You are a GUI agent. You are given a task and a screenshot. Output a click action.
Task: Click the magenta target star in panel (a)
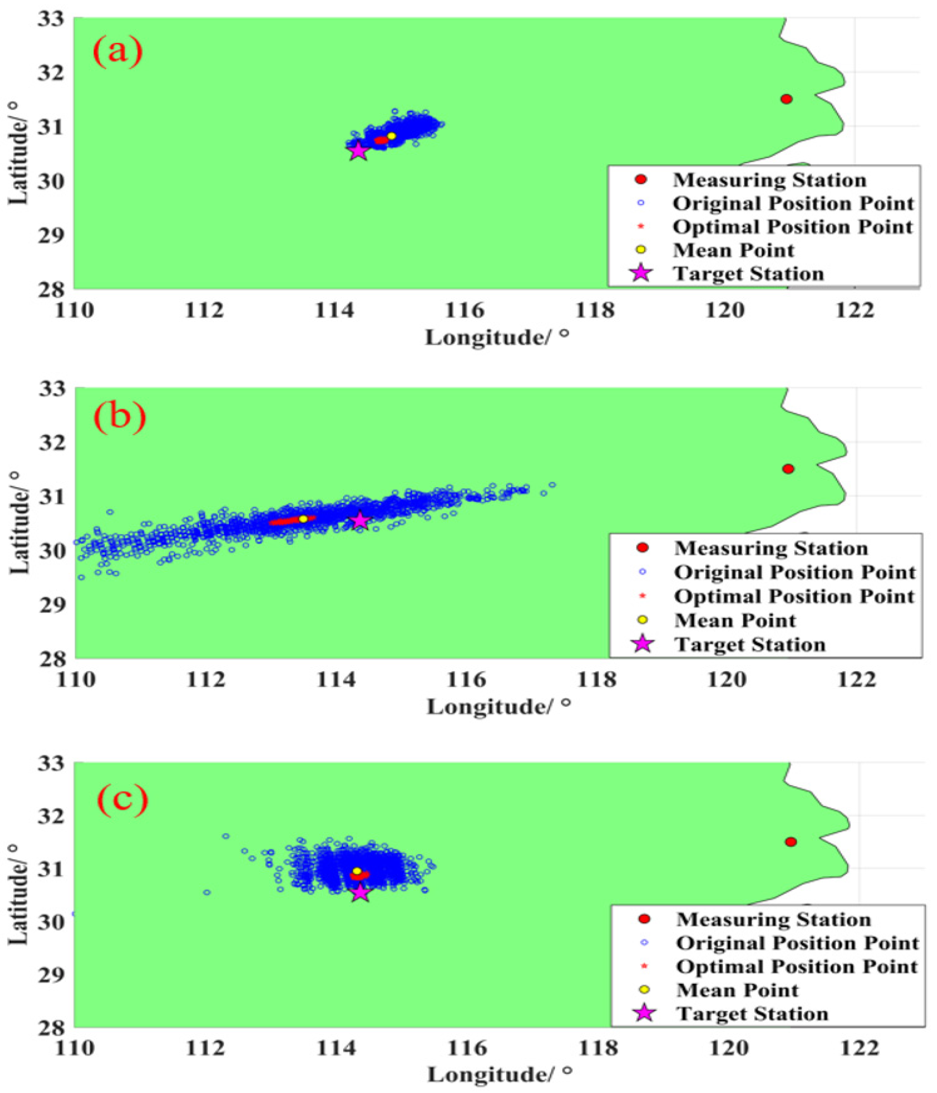point(358,151)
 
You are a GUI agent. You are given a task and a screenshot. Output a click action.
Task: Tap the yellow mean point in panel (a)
point(391,136)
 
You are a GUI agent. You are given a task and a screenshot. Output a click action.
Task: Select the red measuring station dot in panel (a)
point(786,99)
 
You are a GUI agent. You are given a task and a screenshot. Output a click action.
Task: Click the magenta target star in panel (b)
point(360,520)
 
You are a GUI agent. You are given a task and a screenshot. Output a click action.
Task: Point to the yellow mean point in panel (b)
point(303,519)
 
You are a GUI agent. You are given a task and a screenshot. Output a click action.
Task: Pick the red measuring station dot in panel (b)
point(788,468)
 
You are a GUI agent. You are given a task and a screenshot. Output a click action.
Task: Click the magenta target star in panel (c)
point(360,893)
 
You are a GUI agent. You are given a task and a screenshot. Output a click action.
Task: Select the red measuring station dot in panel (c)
point(790,841)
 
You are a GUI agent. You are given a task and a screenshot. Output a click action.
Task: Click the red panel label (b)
point(119,418)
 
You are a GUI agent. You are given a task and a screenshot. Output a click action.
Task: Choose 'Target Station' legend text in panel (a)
point(748,274)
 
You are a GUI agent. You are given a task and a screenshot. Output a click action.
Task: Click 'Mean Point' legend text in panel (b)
point(735,620)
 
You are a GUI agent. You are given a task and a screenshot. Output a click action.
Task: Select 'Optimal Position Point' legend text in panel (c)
point(797,967)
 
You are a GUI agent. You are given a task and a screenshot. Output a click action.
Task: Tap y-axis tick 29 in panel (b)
point(52,604)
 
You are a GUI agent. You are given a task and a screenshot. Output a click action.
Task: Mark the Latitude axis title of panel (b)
point(19,522)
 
